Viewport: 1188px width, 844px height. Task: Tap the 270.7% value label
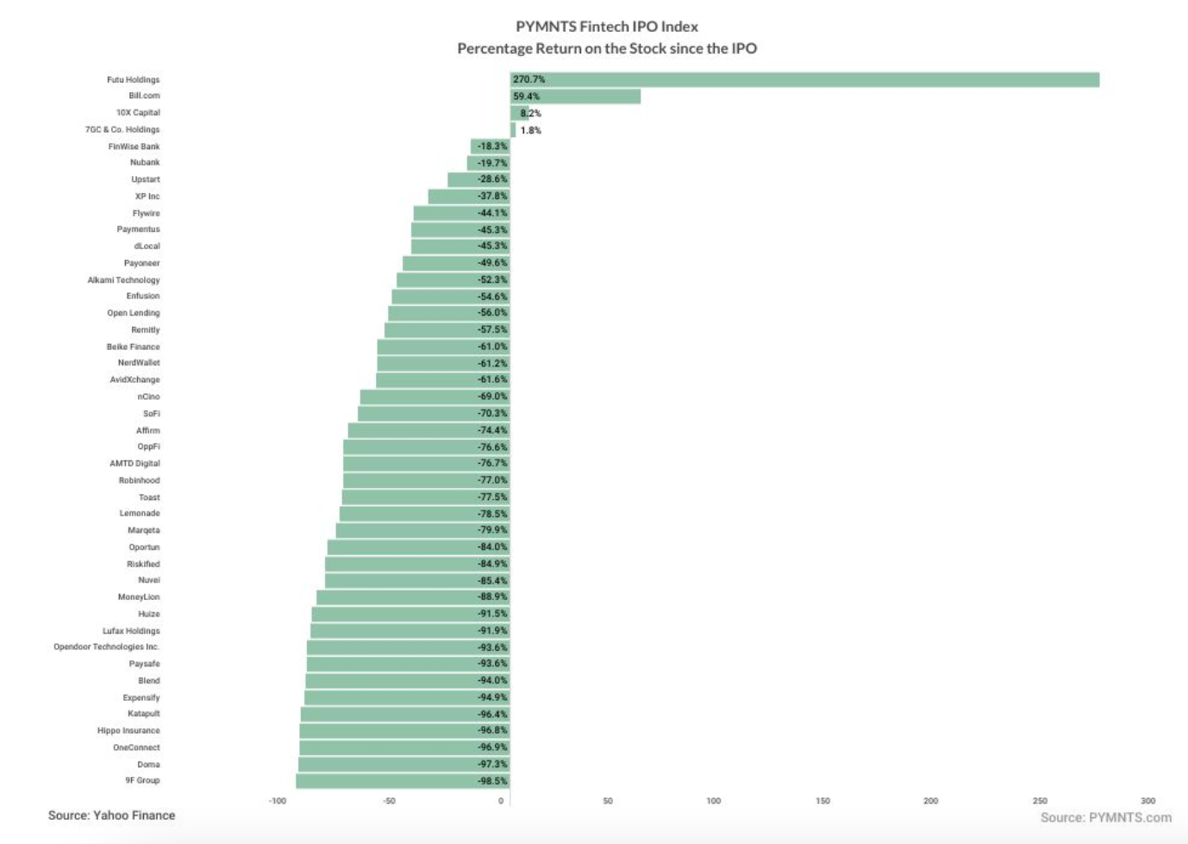pos(528,79)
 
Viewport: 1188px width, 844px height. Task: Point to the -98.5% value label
pos(492,781)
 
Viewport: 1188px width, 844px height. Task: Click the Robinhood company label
pos(139,480)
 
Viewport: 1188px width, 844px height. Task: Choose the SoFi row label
pos(151,414)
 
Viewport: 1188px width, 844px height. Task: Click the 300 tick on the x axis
pos(1147,801)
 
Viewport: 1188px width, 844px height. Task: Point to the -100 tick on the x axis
pos(277,801)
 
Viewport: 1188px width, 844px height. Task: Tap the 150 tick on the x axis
pos(822,801)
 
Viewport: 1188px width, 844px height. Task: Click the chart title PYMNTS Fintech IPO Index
pos(607,27)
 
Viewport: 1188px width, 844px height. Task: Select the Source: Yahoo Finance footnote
pos(111,816)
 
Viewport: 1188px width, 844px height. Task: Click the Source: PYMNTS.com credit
pos(1105,817)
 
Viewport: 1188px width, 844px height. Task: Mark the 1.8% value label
pos(530,130)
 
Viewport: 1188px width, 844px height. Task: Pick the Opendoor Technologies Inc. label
pos(106,647)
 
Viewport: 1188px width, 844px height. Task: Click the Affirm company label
pos(147,430)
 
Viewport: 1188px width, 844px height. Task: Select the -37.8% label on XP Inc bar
pos(492,197)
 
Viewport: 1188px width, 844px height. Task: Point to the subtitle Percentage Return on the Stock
pos(607,48)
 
